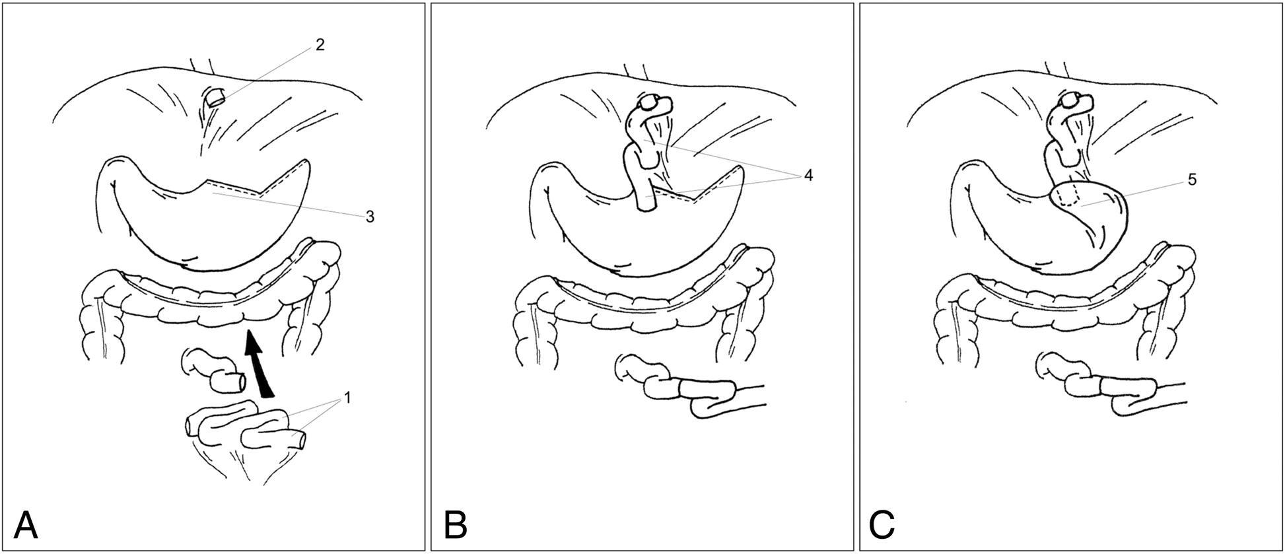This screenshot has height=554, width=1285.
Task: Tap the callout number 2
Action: click(321, 45)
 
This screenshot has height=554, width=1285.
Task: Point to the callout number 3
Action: click(370, 217)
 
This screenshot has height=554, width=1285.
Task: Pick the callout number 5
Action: click(1192, 180)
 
